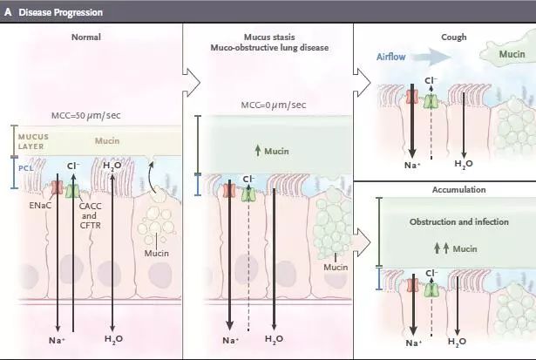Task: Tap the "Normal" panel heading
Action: click(87, 37)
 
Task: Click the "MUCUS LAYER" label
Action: click(32, 140)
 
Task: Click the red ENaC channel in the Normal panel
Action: click(57, 187)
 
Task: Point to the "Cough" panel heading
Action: click(453, 37)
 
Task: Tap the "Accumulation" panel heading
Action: click(452, 189)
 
